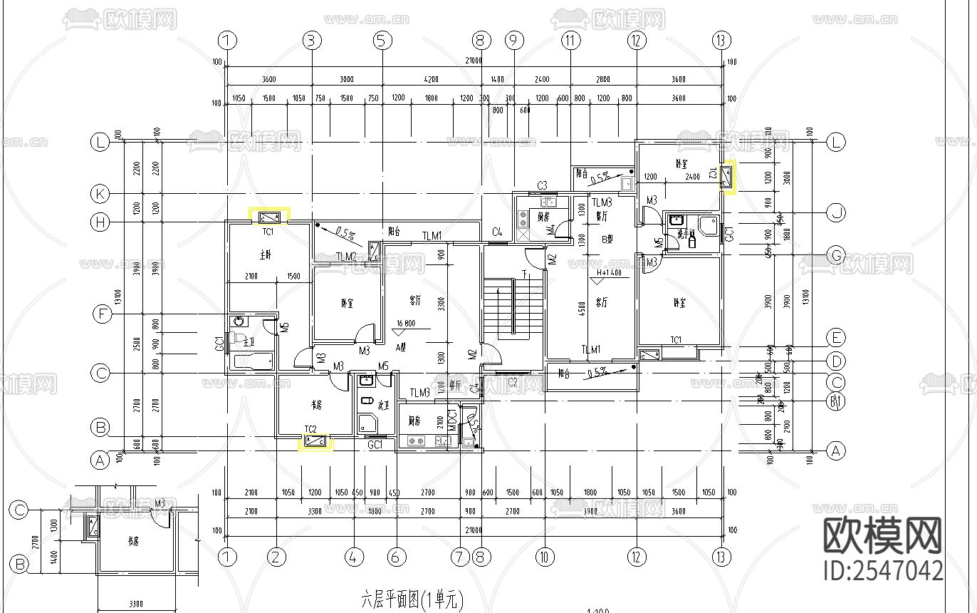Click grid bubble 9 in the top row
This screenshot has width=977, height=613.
tap(514, 41)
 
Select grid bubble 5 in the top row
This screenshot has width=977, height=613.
tap(383, 41)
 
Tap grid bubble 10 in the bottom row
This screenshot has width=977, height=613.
tap(544, 557)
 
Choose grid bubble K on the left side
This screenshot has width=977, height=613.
tap(100, 193)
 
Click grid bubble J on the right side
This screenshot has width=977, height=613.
tap(835, 212)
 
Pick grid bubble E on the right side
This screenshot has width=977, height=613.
tap(835, 337)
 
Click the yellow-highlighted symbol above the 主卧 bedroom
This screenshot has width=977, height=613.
tap(269, 217)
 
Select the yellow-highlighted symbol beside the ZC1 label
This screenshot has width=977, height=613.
tap(728, 177)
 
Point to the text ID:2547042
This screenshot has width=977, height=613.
tap(883, 571)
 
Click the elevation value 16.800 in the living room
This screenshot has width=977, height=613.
tap(404, 323)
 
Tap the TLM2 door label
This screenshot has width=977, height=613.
tap(346, 257)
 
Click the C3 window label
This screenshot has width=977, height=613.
tap(542, 186)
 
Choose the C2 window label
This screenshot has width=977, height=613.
tap(512, 382)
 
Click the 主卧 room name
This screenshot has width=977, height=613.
tap(265, 254)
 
